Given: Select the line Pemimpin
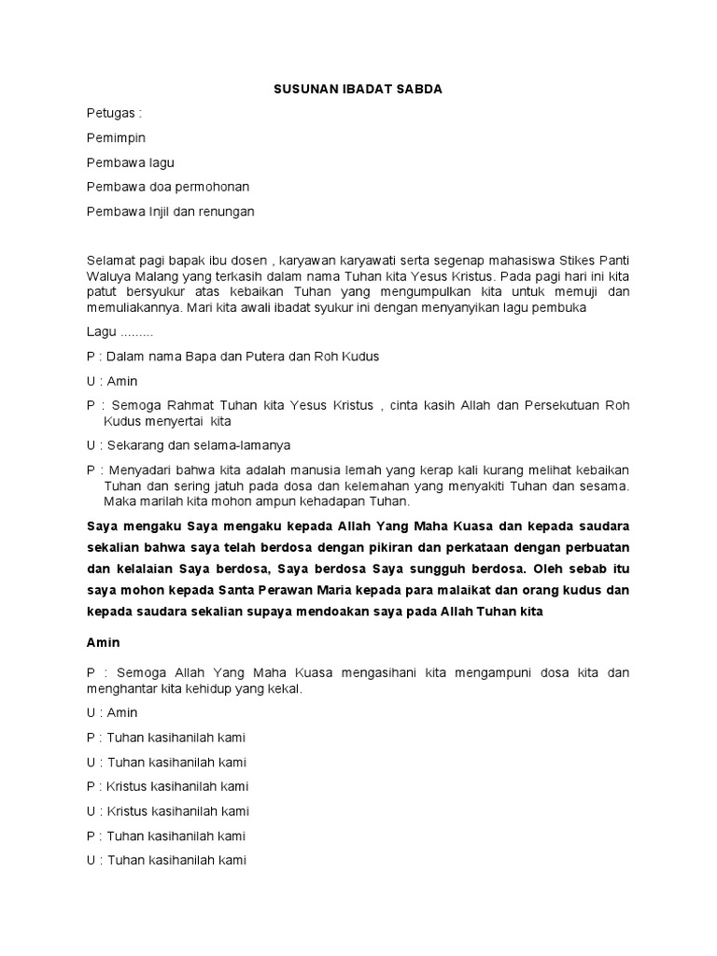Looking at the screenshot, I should coord(116,137).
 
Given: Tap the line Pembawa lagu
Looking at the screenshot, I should coord(130,162).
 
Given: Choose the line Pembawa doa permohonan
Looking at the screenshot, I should coord(167,187).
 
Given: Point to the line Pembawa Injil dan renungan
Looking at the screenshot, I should coord(170,211).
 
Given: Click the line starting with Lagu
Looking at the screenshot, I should coord(120,332).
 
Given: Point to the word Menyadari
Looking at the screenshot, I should coord(141,469).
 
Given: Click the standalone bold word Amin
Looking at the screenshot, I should coord(103,643).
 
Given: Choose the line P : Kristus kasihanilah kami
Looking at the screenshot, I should coord(168,786).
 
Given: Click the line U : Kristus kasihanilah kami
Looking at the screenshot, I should coord(168,810).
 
